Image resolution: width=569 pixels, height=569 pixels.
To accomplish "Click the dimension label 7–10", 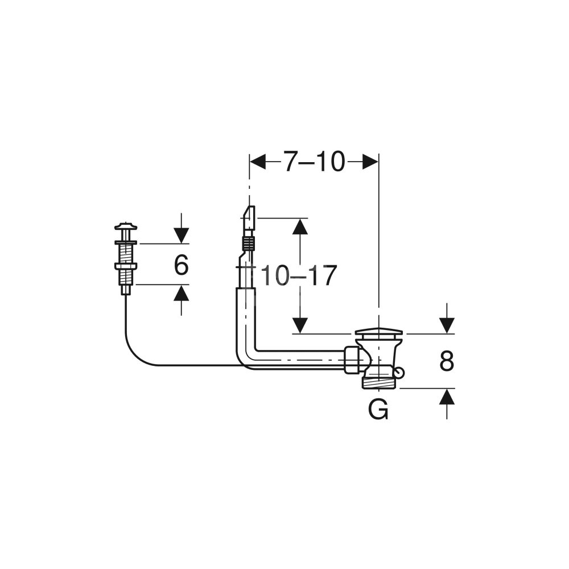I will pos(314,162).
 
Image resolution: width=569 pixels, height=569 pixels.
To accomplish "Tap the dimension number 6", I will pos(181,265).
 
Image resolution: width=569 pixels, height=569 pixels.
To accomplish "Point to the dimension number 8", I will pos(447,361).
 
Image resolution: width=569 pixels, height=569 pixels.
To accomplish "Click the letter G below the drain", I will pos(378,409).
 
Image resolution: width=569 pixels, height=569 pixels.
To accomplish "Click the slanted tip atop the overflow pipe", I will pos(249,215).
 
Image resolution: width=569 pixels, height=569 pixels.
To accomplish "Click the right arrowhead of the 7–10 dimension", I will pos(371,162).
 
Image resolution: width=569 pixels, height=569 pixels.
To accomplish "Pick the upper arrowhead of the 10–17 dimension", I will pos(300,226).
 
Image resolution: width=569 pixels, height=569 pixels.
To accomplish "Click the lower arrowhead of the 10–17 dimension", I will pos(300,325).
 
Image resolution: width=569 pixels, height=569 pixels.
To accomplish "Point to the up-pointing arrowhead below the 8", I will pos(447,396).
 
